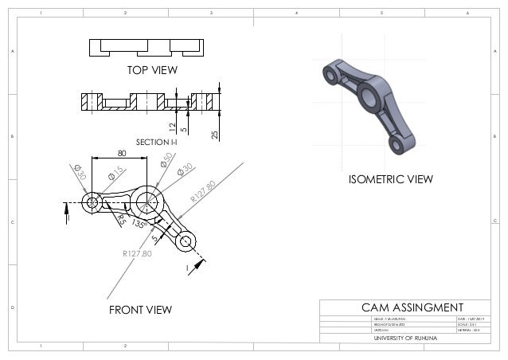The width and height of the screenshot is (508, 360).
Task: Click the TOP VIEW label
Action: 152,70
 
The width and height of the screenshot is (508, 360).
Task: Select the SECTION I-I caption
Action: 156,142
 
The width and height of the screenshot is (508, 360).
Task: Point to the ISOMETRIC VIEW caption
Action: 391,180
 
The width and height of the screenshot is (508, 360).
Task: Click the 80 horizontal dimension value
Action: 122,153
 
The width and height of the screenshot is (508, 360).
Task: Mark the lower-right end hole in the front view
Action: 186,241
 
